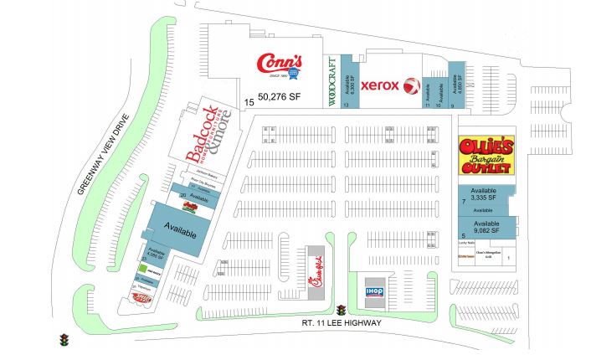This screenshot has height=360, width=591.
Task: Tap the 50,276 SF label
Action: coord(279,97)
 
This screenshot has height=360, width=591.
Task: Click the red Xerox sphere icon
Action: coord(411,85)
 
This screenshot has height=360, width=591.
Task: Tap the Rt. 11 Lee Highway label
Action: coord(342,322)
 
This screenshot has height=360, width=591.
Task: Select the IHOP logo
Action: coord(374,291)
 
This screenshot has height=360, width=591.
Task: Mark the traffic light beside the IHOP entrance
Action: coord(341,311)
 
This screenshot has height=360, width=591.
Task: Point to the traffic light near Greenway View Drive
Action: coord(64,340)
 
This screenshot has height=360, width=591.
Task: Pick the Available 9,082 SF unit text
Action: coord(486,228)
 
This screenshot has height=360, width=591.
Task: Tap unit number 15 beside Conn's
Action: coord(249,102)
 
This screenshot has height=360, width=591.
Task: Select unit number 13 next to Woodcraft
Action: coord(345,105)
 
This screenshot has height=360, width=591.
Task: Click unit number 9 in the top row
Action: coord(451,106)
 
